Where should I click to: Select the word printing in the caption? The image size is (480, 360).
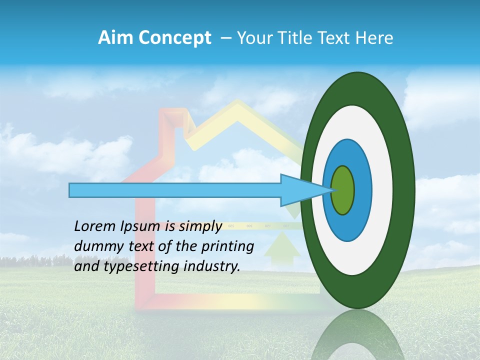227,246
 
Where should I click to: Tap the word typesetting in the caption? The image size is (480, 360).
143,266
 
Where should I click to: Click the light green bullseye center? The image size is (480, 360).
342,190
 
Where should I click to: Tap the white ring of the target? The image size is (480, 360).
382,190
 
